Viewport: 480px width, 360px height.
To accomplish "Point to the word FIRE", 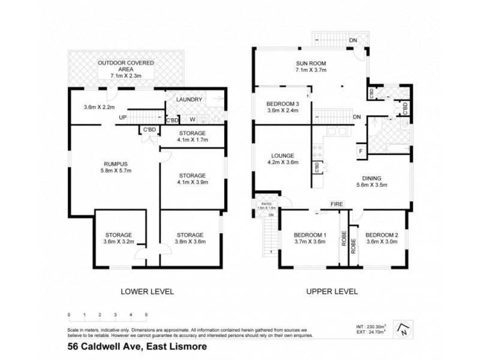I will [337, 205].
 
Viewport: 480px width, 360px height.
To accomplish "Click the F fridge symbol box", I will [361, 151].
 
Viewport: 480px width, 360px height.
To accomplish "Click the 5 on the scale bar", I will [146, 314].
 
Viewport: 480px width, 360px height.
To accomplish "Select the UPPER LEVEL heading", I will [332, 292].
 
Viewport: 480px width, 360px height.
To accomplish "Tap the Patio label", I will [264, 203].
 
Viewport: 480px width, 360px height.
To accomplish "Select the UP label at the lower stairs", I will [122, 117].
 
